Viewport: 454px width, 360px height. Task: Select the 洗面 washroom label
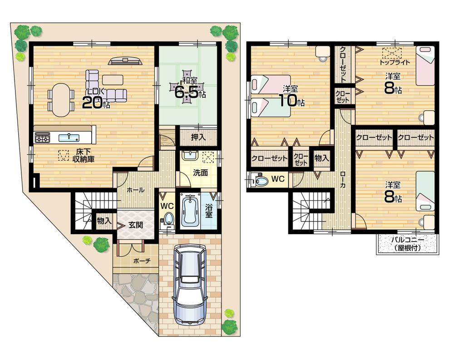point(200,173)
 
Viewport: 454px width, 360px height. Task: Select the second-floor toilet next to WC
point(262,181)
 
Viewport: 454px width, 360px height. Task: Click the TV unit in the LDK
point(125,60)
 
